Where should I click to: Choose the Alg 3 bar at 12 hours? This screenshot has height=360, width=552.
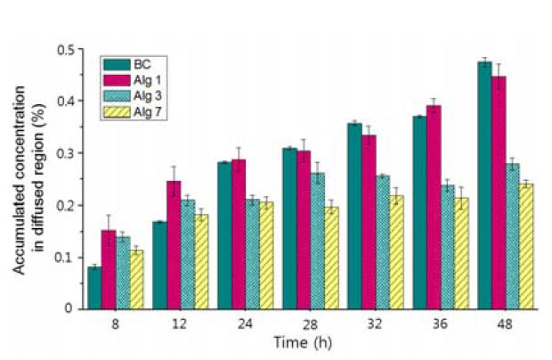187,254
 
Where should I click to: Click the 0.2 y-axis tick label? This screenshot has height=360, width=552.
63,206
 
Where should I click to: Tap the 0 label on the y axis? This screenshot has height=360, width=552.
68,309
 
